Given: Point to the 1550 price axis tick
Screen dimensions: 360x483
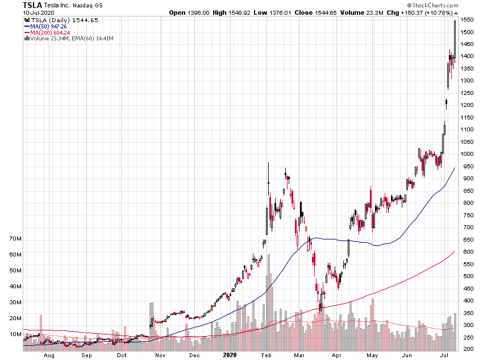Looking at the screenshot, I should coord(468,20).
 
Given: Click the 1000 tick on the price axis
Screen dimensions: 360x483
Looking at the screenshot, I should coord(468,154).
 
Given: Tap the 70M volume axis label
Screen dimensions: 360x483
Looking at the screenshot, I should coord(15,239).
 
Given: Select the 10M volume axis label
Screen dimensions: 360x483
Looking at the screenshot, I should coord(15,334).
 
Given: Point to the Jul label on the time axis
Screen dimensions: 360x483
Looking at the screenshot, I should coord(444,355).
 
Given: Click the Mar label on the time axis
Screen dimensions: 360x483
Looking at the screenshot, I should coord(299,355).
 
